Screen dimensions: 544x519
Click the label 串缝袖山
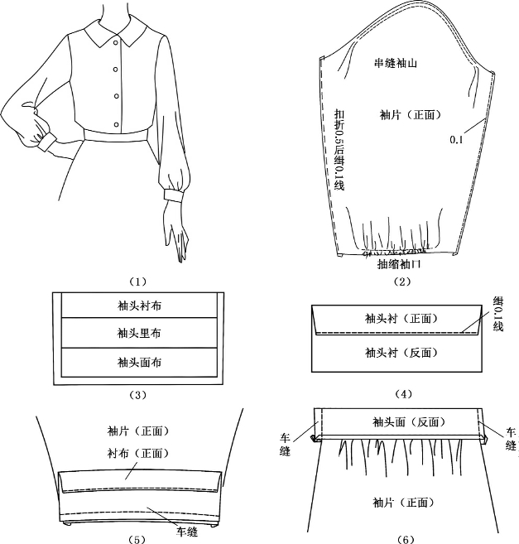(401, 64)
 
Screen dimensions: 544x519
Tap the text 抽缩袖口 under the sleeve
(399, 264)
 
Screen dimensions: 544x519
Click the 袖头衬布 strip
(139, 305)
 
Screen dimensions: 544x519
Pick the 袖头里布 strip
(139, 333)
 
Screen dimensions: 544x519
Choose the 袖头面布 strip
(139, 362)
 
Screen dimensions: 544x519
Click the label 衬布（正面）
(138, 453)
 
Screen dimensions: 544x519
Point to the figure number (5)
(138, 539)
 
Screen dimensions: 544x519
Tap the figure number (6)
(404, 539)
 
